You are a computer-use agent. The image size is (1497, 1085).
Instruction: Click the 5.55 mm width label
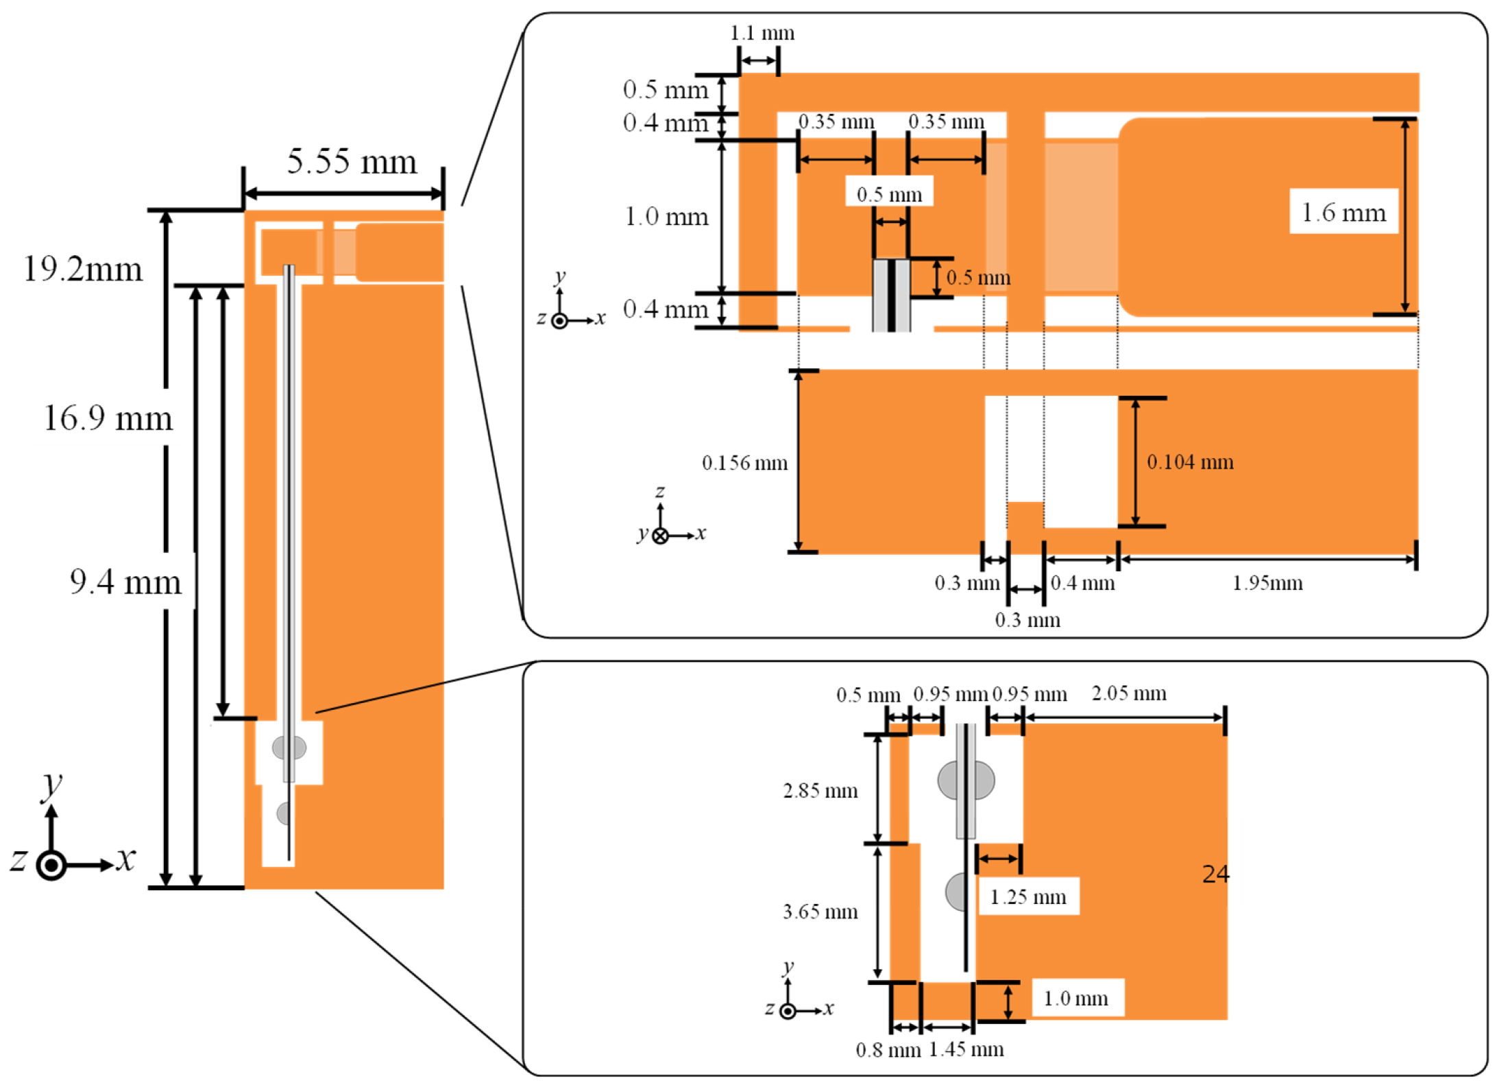point(352,162)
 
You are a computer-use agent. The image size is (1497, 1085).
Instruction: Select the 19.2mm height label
point(83,269)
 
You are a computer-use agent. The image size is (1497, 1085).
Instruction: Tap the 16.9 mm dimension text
point(108,418)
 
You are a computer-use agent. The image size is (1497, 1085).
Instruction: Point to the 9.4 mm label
point(125,582)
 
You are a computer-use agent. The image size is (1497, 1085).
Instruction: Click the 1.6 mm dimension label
point(1343,212)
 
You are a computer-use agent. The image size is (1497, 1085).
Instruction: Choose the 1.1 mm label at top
point(762,33)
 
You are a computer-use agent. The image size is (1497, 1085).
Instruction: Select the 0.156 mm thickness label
point(744,463)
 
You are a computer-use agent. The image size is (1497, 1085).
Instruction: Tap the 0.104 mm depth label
point(1190,462)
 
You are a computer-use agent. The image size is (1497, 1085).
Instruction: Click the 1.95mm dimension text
point(1267,583)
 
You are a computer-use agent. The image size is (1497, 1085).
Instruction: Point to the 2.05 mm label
point(1129,693)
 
